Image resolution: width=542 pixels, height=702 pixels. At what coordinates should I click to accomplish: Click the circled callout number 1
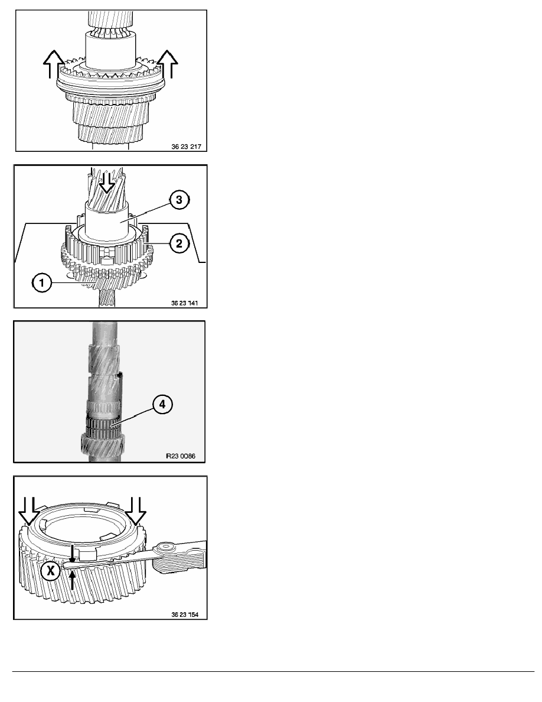42,283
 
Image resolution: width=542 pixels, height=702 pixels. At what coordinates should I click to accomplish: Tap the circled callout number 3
179,200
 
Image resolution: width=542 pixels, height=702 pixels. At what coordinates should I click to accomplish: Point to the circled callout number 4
162,404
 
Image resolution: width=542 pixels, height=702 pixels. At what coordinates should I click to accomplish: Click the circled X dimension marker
51,571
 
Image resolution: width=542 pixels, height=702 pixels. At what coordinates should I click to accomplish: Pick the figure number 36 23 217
187,147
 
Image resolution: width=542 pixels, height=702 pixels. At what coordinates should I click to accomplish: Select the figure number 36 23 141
185,303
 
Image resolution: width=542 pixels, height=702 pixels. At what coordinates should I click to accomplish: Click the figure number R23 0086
181,456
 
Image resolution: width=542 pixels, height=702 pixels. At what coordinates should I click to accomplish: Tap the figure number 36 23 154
185,615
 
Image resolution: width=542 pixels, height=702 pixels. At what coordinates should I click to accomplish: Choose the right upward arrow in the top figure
167,64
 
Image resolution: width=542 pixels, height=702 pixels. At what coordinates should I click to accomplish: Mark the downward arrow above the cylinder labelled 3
106,181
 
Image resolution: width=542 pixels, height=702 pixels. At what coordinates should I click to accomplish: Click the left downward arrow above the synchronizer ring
29,511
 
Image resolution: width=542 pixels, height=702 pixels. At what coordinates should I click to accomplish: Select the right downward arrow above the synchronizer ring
136,511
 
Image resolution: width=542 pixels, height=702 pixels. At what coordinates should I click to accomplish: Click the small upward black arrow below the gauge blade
73,580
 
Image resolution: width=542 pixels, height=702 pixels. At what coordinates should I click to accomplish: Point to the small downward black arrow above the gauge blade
73,553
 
